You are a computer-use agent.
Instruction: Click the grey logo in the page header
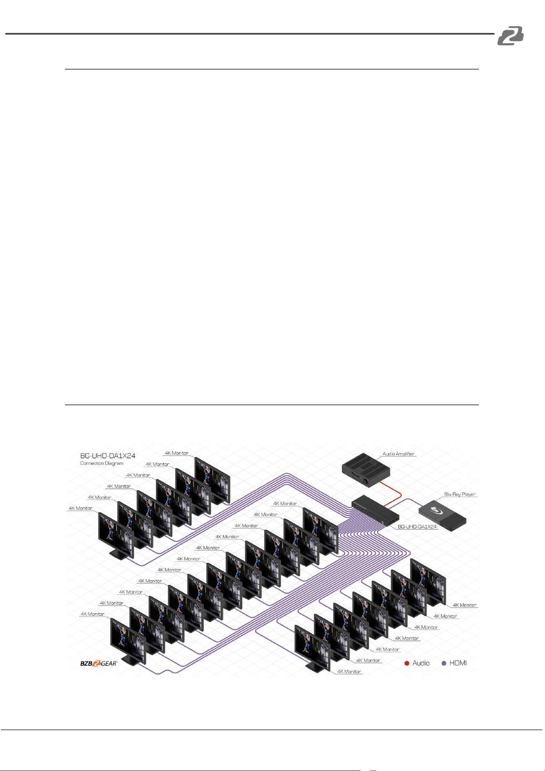coord(510,35)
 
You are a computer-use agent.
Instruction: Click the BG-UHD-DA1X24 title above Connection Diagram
coord(108,456)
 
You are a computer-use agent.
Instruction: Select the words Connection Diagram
coord(102,463)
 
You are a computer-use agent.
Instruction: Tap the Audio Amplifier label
coord(399,454)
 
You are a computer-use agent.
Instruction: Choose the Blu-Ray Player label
coord(460,494)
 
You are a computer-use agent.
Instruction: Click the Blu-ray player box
coord(443,515)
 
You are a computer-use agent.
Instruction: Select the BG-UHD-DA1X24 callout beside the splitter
coord(417,527)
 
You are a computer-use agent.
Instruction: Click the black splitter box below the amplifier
coord(375,510)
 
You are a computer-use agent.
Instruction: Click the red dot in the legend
coord(407,663)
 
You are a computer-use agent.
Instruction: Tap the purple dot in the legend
coord(444,663)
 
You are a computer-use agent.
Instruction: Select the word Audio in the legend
coord(421,663)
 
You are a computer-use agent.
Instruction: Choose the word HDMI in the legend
coord(458,663)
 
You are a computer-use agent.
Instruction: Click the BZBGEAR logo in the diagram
coord(99,663)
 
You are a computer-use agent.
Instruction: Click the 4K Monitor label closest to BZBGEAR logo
coord(93,614)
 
